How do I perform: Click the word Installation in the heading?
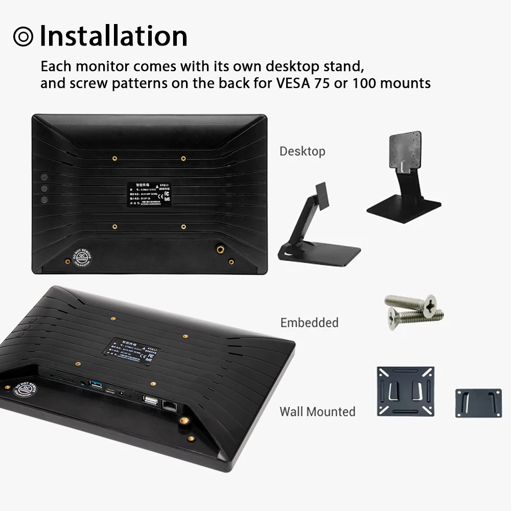[x=113, y=36]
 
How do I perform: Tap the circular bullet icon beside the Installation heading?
[x=23, y=36]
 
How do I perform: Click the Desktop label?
[x=302, y=151]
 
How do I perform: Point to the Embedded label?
[x=309, y=322]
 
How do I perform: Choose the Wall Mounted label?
[x=317, y=411]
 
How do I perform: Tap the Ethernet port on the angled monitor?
[x=170, y=406]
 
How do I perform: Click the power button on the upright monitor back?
[x=44, y=200]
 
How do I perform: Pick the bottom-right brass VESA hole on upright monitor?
[x=183, y=226]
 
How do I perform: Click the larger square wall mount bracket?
[x=405, y=391]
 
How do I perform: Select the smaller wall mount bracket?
[x=478, y=403]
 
